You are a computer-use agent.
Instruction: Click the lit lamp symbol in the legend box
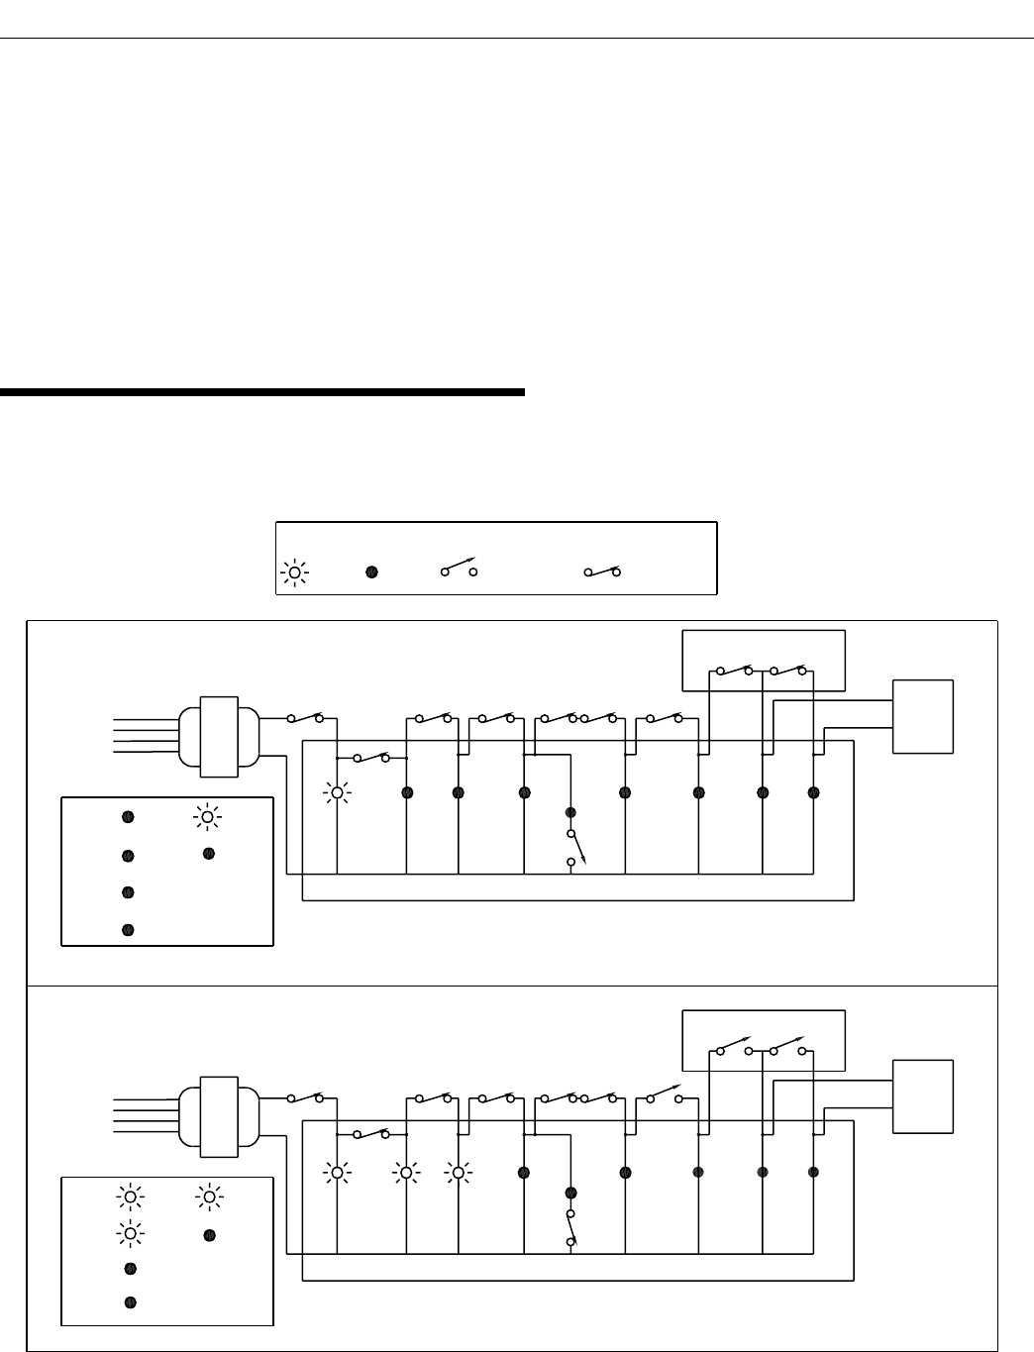point(294,572)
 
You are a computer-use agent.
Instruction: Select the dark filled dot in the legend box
point(372,572)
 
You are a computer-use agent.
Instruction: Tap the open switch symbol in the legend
point(459,570)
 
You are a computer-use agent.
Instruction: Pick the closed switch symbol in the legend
point(601,572)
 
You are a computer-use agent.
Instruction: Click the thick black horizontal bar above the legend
point(261,392)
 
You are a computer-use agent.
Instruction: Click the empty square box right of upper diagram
point(923,716)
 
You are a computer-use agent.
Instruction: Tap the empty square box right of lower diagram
point(923,1096)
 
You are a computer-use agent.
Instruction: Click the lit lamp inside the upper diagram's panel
point(207,816)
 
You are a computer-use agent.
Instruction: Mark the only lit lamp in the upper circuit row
point(337,792)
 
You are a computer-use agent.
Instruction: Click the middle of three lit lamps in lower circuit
point(406,1173)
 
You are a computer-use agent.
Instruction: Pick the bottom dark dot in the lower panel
point(129,1301)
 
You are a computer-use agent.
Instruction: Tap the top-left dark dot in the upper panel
point(128,817)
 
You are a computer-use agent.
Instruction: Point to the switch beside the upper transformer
point(305,717)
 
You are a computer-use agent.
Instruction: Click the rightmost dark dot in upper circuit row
point(813,792)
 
